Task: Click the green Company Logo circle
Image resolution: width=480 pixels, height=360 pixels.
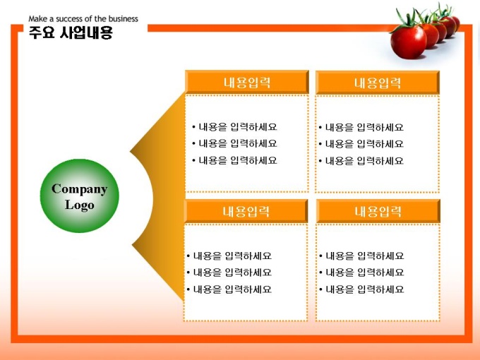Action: point(80,196)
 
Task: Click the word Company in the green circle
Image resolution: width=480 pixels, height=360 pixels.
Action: point(80,189)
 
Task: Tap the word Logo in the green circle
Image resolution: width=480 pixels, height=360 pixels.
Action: point(80,205)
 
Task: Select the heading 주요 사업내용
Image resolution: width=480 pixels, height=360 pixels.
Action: point(71,32)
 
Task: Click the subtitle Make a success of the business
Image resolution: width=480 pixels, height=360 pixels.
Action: point(83,18)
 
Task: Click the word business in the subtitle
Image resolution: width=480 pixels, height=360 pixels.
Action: point(123,18)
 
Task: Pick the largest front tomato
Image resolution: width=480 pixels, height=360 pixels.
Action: point(409,42)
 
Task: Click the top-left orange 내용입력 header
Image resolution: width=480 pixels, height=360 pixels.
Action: point(247,83)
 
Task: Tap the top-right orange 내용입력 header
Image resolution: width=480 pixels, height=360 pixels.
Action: point(378,83)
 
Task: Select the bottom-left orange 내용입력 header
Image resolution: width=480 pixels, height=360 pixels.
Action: point(246,211)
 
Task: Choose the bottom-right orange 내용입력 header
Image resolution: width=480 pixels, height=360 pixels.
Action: point(378,211)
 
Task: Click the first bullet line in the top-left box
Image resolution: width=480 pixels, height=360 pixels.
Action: point(234,127)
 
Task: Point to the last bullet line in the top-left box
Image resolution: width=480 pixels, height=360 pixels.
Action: point(234,160)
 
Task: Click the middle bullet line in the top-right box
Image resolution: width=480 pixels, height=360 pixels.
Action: point(361,143)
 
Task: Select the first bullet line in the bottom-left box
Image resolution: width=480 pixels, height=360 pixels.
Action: point(229,256)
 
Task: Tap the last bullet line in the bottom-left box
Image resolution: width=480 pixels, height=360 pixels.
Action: point(229,289)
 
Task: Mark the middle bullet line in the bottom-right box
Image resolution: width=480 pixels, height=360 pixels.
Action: point(361,272)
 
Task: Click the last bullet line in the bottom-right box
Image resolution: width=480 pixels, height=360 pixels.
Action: point(361,289)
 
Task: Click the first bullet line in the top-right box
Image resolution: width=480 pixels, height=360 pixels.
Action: point(361,127)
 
